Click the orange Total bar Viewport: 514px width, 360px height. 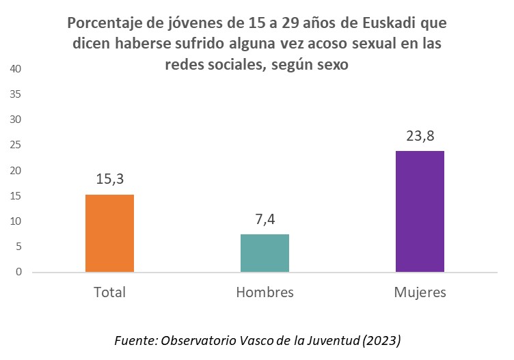pyautogui.click(x=109, y=233)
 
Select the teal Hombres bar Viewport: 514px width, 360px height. pyautogui.click(x=265, y=253)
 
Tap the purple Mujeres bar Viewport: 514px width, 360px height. pyautogui.click(x=420, y=211)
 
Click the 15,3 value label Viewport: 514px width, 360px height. pyautogui.click(x=109, y=180)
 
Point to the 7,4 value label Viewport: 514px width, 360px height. pyautogui.click(x=265, y=219)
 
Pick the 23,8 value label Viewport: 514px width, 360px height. pyautogui.click(x=420, y=136)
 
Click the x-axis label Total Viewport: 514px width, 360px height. pyautogui.click(x=109, y=292)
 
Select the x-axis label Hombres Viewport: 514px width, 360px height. pyautogui.click(x=265, y=292)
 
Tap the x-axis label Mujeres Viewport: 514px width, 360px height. pyautogui.click(x=420, y=292)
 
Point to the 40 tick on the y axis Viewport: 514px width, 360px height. pyautogui.click(x=16, y=69)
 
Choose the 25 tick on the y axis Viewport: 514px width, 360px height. pyautogui.click(x=16, y=145)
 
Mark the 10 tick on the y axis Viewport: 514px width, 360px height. pyautogui.click(x=16, y=221)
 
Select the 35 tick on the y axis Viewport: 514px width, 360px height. pyautogui.click(x=16, y=94)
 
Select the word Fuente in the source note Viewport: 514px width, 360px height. pyautogui.click(x=133, y=340)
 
